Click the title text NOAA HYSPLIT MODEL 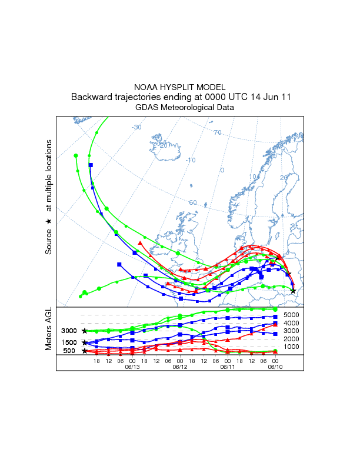tap(179, 87)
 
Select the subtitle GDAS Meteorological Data tap(179, 108)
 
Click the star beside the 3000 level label tap(85, 331)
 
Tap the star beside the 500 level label tap(85, 351)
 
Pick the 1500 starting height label tap(69, 342)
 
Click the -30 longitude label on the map tap(136, 127)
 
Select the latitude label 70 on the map tap(217, 132)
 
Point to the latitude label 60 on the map tap(192, 202)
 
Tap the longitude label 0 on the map tap(222, 171)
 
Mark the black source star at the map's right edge tap(293, 291)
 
